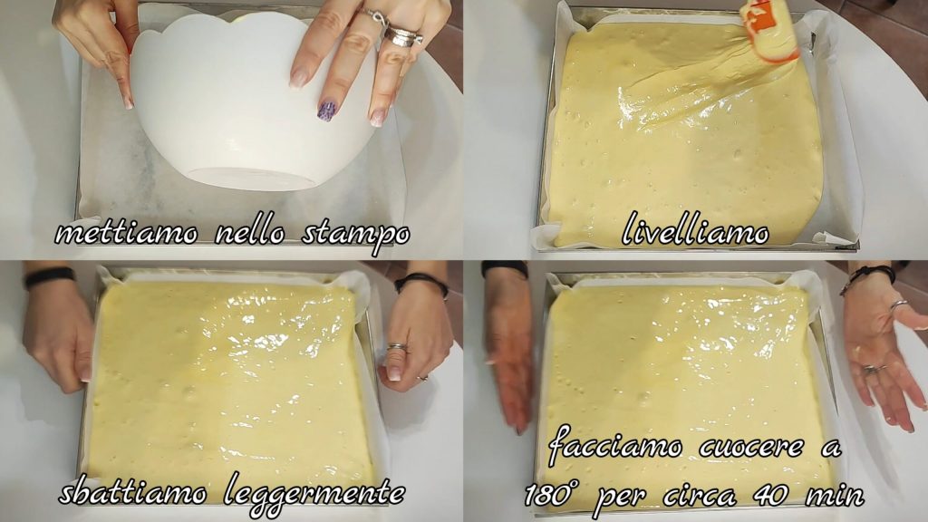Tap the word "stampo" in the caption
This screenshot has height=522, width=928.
pyautogui.click(x=355, y=236)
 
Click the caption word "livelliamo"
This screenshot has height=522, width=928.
pyautogui.click(x=695, y=228)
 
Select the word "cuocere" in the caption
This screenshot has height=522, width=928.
pyautogui.click(x=751, y=447)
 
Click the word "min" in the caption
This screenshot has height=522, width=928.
pyautogui.click(x=836, y=494)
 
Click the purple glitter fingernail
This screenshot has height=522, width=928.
pyautogui.click(x=326, y=111)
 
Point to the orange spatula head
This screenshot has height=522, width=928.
pyautogui.click(x=768, y=31)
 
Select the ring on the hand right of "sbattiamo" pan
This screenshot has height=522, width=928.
pyautogui.click(x=398, y=347)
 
